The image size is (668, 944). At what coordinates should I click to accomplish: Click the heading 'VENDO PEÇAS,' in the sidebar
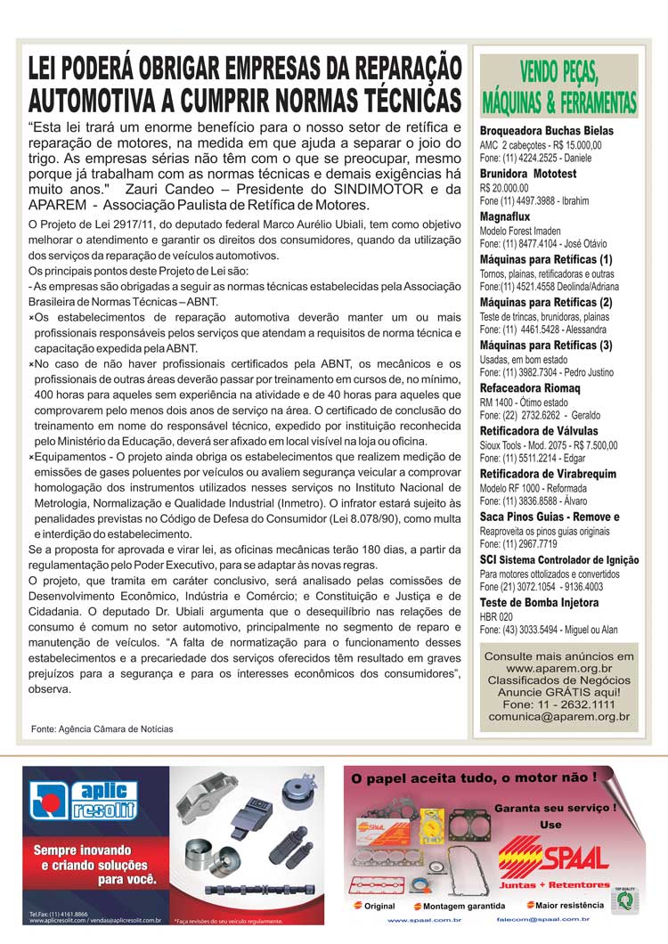click(558, 73)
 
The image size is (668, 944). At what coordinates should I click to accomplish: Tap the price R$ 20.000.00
click(504, 188)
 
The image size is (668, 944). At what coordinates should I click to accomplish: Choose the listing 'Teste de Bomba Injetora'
click(540, 603)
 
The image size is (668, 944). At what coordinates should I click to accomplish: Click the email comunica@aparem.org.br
click(558, 716)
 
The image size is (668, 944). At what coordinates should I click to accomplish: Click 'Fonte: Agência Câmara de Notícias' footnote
click(102, 728)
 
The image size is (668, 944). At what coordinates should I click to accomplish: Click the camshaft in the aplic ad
click(257, 889)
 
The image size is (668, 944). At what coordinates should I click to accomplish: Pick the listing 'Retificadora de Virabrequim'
click(548, 474)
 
